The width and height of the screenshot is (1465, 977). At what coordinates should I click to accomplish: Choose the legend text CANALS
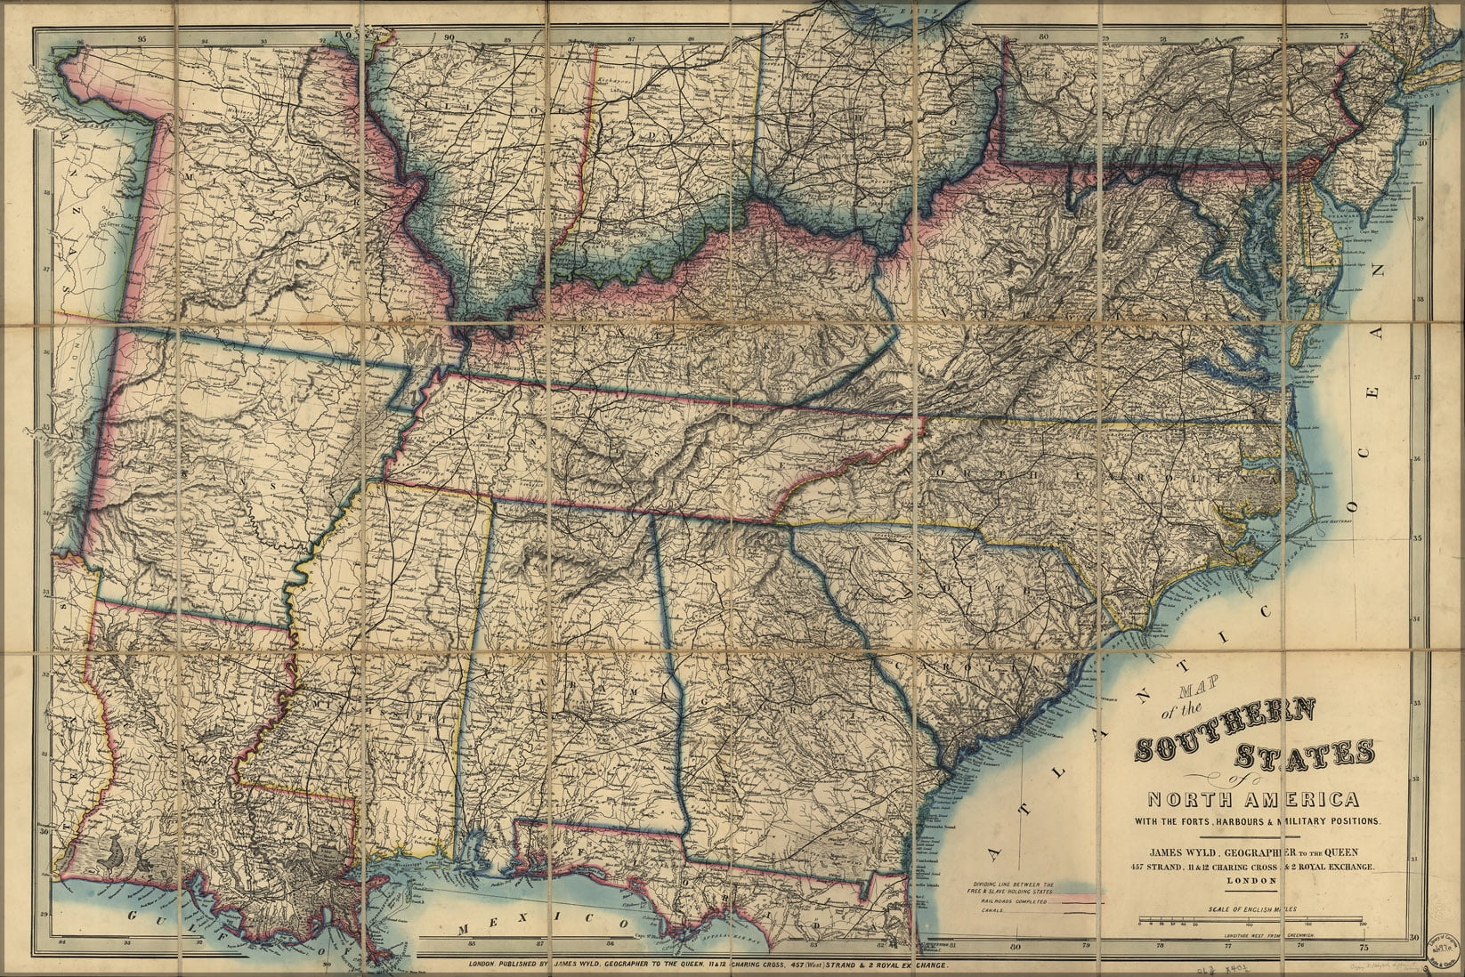pos(985,910)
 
